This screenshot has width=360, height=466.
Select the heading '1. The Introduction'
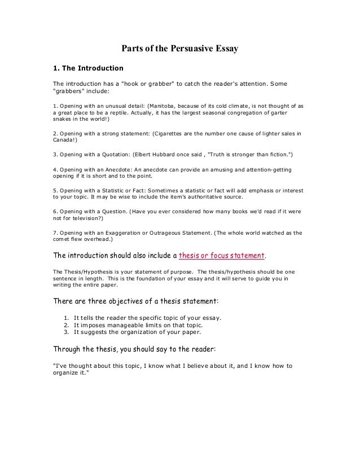(87, 69)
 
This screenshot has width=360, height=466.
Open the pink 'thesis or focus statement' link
(221, 255)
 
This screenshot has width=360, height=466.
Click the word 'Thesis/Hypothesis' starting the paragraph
(86, 271)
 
